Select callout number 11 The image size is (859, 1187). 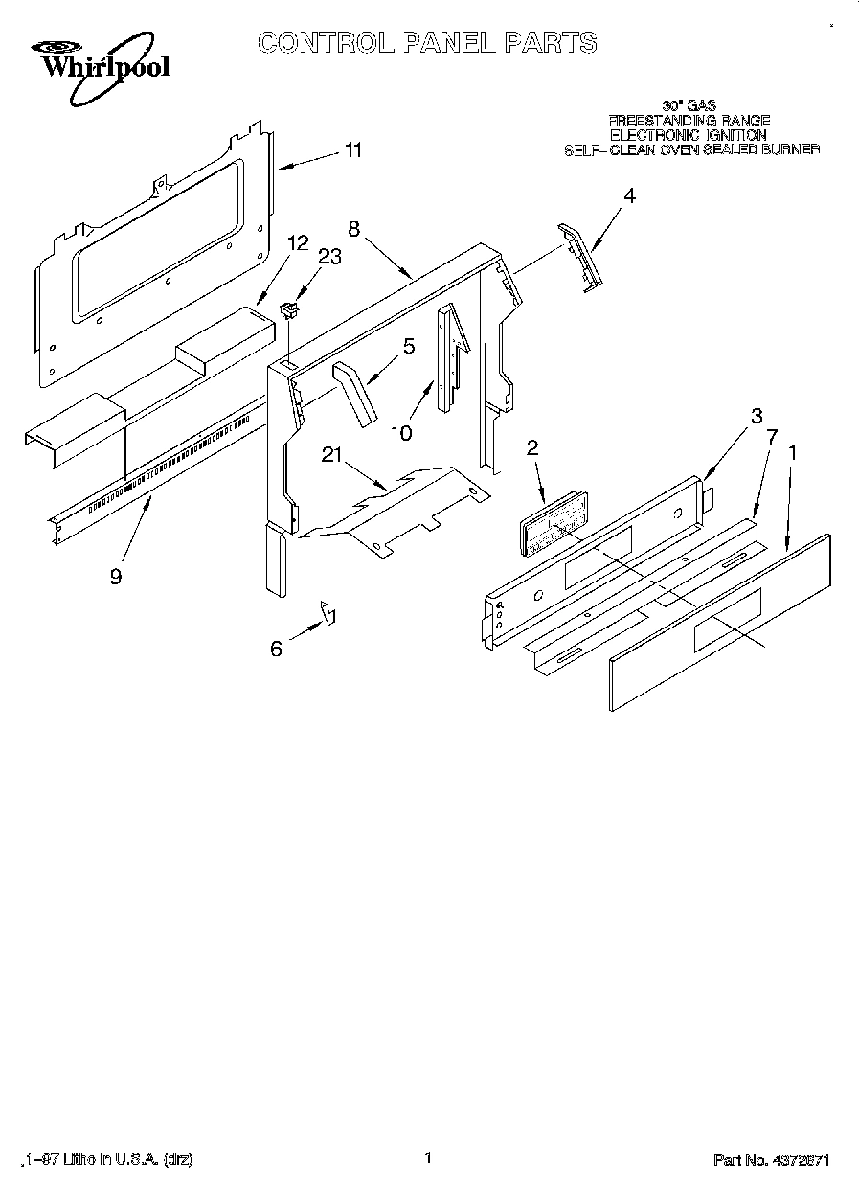coord(353,150)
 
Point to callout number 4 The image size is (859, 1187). coord(629,195)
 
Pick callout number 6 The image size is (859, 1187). coord(276,649)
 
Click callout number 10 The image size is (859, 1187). coord(400,433)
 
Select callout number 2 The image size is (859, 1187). coord(532,446)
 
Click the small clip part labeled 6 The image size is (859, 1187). coord(328,613)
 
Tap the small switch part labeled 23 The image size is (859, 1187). coord(286,308)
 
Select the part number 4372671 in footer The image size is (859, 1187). coord(799,1160)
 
